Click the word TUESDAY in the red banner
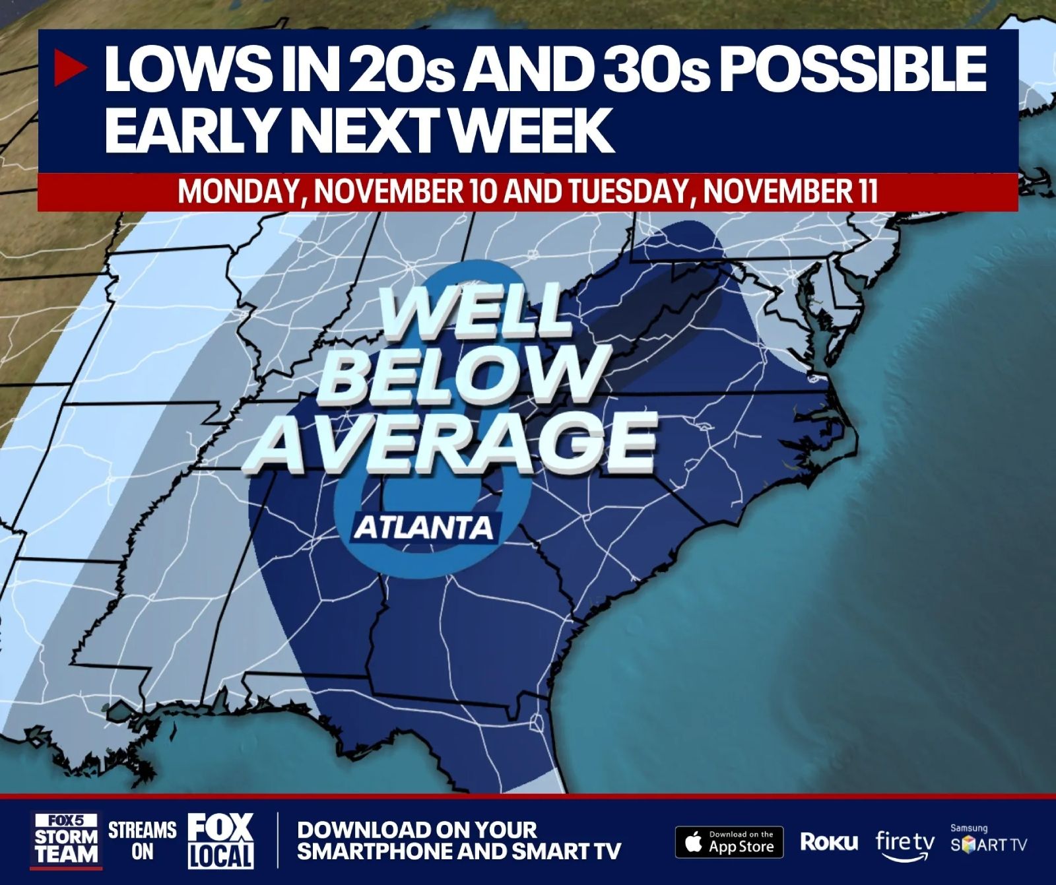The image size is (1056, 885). point(625,191)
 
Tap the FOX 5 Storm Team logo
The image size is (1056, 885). point(66,840)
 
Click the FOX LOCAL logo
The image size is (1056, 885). point(220,840)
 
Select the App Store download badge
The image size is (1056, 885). point(729,842)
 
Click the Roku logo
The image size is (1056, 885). point(829,841)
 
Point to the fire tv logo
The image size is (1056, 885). point(905,843)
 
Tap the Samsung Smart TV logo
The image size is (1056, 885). point(988,841)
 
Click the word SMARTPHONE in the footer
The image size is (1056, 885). point(374,851)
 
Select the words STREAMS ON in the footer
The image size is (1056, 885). point(142,840)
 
